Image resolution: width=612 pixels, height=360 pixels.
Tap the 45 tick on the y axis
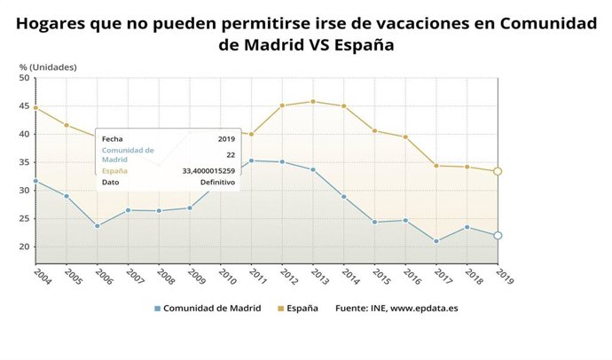point(25,106)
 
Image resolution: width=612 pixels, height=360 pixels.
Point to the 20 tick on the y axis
point(25,247)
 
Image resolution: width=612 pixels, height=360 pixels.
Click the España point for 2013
point(313,101)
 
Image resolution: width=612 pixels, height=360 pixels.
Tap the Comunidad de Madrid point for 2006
point(97,226)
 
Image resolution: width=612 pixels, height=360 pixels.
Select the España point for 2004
point(35,108)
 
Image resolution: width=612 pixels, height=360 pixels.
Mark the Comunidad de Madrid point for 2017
point(436,241)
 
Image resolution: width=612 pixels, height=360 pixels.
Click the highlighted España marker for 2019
point(498,171)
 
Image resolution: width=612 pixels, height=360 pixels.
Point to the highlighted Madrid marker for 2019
point(498,235)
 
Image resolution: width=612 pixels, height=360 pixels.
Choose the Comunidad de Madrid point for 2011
point(251,160)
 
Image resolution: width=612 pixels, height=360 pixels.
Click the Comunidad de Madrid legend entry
point(205,309)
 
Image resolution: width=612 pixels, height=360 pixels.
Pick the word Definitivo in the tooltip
point(217,182)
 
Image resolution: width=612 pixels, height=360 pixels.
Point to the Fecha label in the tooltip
point(112,139)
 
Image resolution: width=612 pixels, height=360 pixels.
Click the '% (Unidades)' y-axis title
point(48,67)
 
